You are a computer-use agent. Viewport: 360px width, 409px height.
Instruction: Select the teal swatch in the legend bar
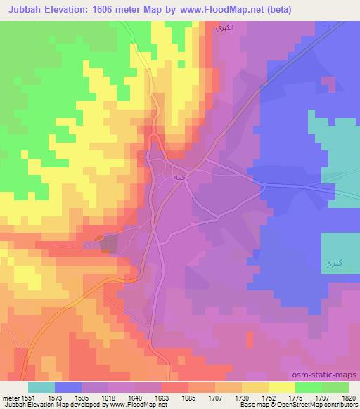(41, 387)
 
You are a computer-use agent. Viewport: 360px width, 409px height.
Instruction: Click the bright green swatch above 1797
(308, 387)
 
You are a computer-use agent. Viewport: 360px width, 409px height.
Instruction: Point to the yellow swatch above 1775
(281, 387)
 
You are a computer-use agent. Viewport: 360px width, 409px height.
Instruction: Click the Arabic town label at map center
(180, 177)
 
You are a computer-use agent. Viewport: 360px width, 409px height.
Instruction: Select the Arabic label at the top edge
(224, 28)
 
